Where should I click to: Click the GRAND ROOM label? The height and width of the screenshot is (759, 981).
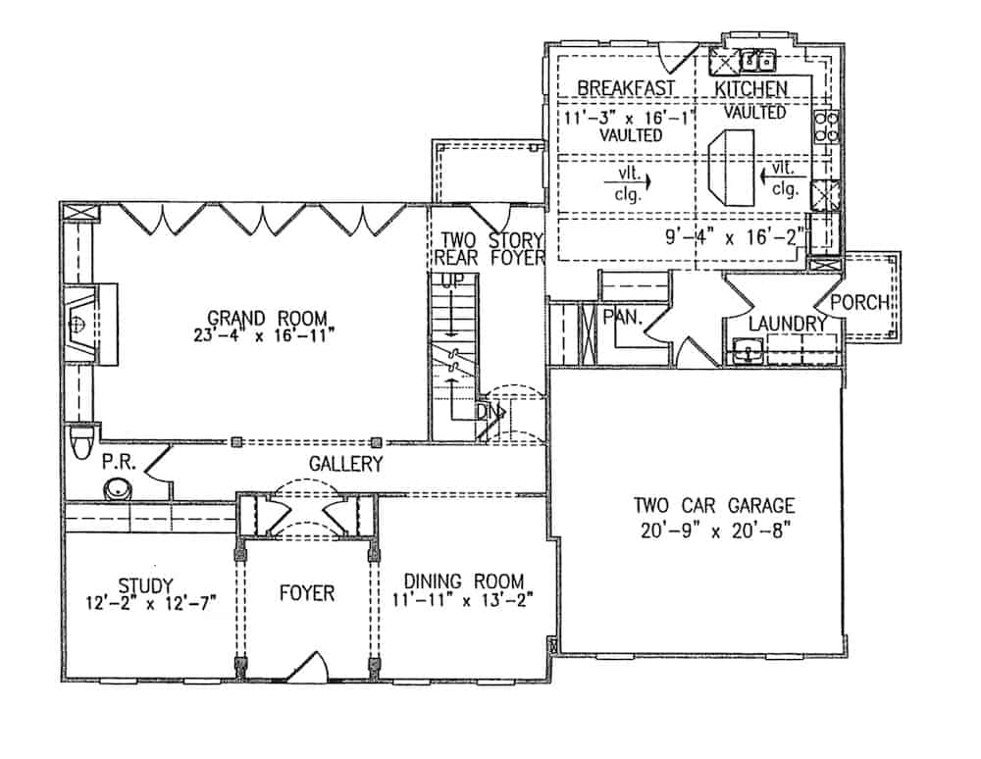click(265, 318)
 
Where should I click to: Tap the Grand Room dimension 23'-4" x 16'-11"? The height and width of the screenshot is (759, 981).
click(265, 334)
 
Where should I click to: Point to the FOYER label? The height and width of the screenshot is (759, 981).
click(306, 593)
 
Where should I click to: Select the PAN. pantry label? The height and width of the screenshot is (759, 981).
click(623, 318)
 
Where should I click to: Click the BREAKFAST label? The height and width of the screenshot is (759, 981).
click(625, 88)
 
